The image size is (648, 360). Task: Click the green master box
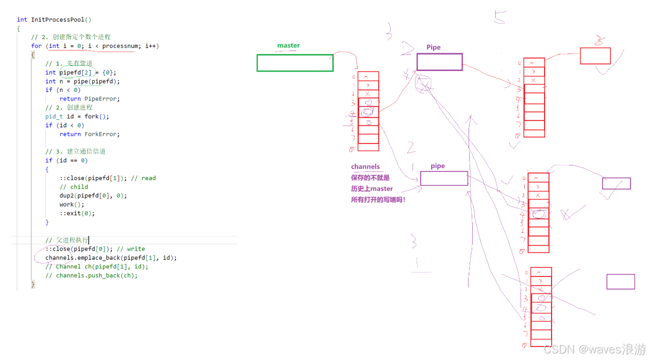tap(295, 63)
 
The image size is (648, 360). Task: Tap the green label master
tap(288, 45)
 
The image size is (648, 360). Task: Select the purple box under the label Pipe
tap(439, 62)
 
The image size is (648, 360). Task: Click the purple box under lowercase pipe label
tap(444, 178)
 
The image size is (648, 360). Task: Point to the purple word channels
tap(365, 167)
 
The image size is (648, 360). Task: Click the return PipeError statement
tap(89, 98)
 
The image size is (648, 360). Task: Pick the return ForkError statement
tap(89, 134)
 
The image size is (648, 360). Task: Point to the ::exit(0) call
tap(77, 213)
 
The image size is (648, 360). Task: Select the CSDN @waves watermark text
tap(595, 348)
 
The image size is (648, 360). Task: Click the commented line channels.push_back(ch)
tap(91, 275)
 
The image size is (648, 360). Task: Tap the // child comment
tap(73, 187)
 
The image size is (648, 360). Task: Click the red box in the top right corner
tap(595, 56)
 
